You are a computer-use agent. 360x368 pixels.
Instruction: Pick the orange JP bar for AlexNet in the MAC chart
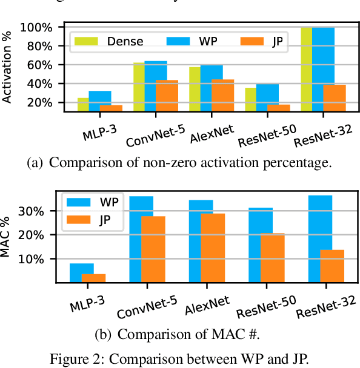point(212,248)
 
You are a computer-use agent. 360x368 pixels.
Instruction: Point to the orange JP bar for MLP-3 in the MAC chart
point(93,278)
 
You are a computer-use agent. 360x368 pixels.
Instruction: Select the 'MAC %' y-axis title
point(8,235)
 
